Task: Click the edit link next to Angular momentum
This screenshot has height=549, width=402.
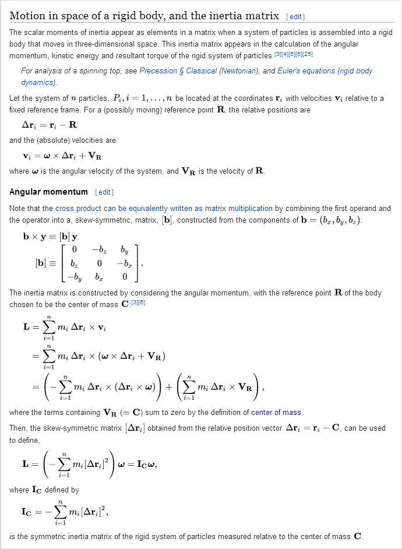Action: coord(105,192)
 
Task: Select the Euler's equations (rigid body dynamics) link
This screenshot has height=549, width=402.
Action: coord(318,71)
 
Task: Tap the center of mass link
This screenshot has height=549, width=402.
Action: coord(276,413)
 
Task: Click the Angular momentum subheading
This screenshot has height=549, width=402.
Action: coord(48,192)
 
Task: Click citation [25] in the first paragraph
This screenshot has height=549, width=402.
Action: coord(308,55)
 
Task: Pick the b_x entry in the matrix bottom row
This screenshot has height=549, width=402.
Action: coord(99,277)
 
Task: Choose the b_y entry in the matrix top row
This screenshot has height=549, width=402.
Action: coord(124,250)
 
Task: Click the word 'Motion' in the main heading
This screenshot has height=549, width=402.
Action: coord(27,16)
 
